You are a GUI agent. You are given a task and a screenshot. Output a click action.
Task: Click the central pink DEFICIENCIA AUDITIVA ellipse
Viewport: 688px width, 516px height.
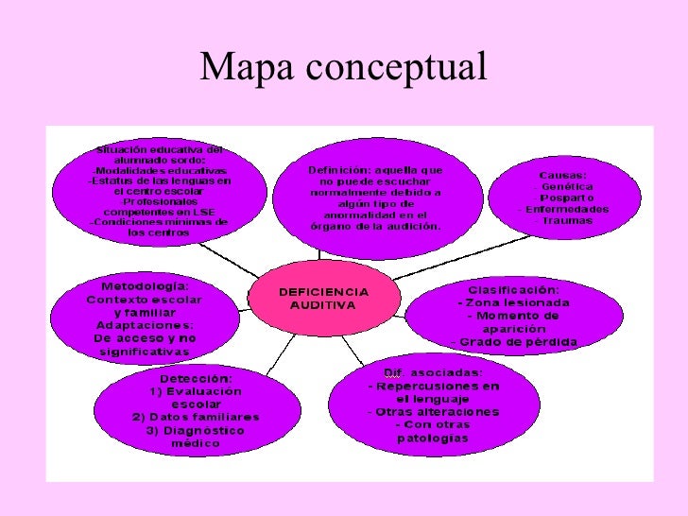click(323, 299)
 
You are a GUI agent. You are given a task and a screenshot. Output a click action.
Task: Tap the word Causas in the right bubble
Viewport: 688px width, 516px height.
click(562, 176)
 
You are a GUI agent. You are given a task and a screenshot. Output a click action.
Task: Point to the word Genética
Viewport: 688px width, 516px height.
click(567, 187)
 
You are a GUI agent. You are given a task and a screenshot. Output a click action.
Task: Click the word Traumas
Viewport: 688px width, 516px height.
click(568, 220)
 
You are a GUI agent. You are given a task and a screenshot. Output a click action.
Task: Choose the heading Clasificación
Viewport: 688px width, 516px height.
click(513, 289)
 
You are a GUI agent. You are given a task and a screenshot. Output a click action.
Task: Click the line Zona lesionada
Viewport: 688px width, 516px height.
click(513, 302)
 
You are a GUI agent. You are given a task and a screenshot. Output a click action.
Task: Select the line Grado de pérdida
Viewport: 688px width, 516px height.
click(514, 341)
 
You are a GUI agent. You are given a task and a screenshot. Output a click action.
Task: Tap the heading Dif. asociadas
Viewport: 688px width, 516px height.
click(434, 372)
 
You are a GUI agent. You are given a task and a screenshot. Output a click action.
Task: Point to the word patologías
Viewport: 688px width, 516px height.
click(433, 438)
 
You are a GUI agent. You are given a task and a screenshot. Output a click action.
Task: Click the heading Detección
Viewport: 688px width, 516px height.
click(195, 378)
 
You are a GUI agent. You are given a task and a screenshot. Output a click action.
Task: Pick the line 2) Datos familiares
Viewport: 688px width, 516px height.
click(196, 417)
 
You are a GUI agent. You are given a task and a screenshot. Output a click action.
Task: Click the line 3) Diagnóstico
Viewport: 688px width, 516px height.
click(195, 430)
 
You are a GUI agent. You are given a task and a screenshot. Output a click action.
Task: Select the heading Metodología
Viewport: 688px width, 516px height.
click(145, 285)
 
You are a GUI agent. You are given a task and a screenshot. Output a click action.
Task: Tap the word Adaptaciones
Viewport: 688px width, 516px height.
click(144, 324)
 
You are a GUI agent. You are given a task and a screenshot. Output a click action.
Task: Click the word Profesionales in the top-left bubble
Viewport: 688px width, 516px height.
click(160, 201)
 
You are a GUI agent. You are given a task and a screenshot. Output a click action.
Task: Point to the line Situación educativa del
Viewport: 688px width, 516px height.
click(160, 149)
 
